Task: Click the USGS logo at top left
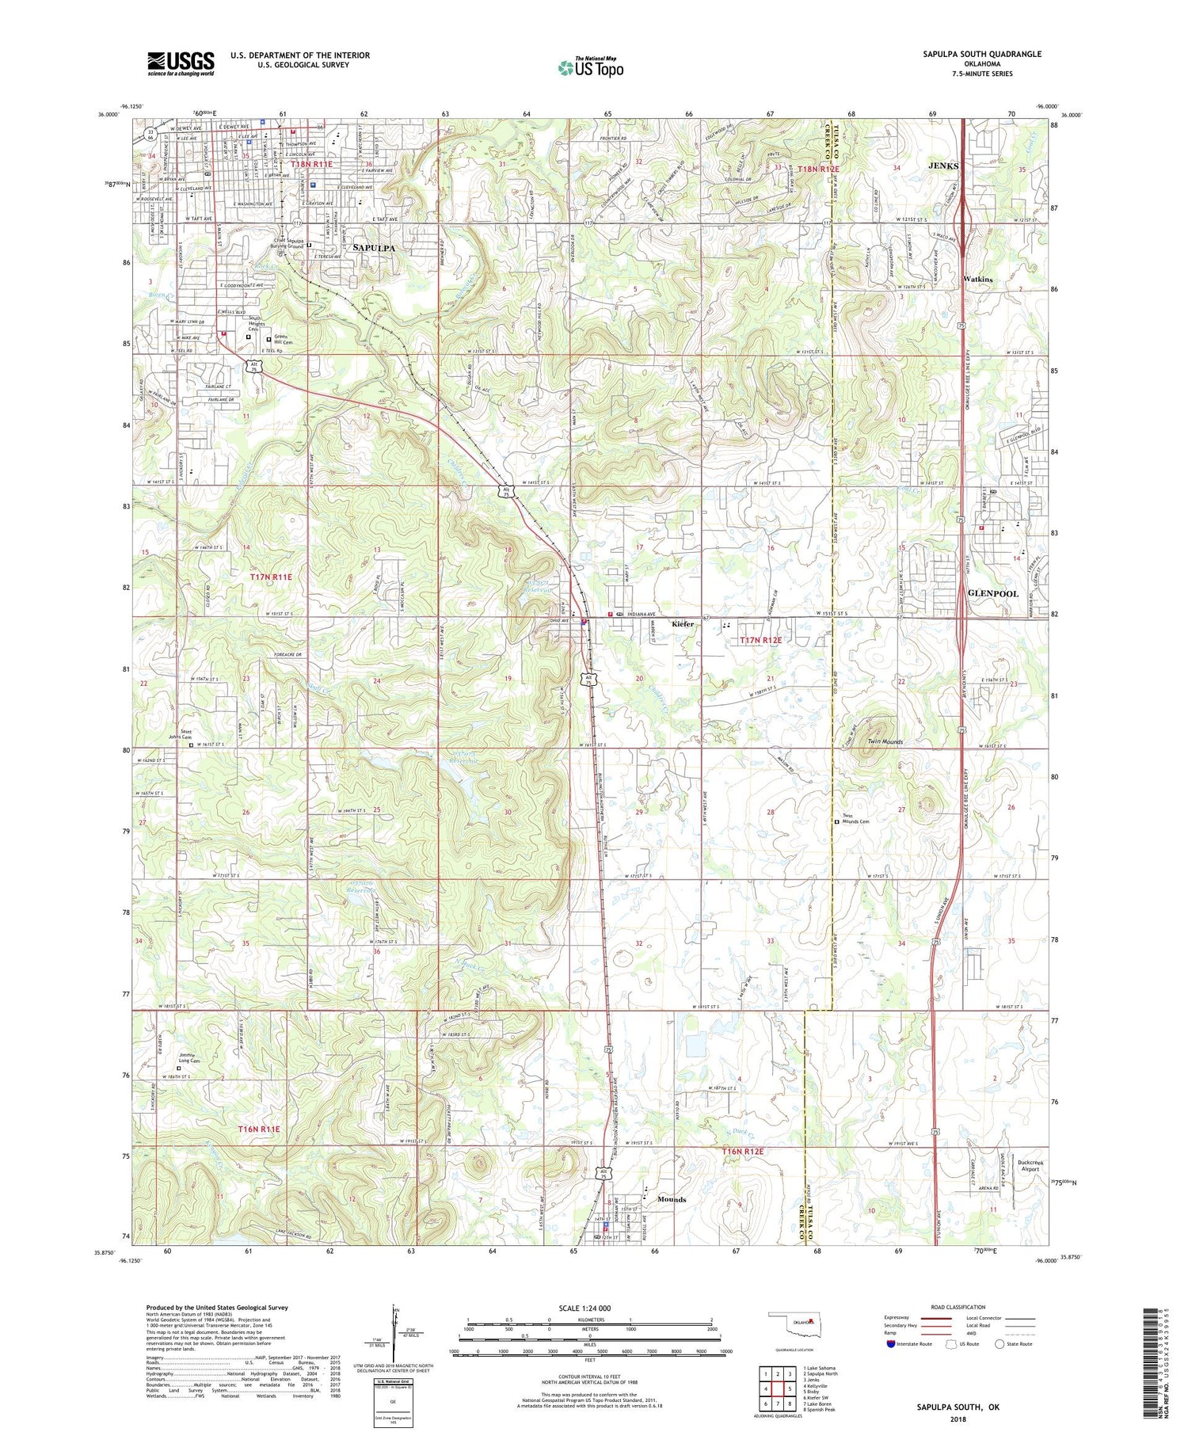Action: pyautogui.click(x=181, y=63)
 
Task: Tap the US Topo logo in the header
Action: pyautogui.click(x=590, y=68)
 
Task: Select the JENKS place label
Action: pyautogui.click(x=942, y=166)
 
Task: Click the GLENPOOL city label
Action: pyautogui.click(x=993, y=593)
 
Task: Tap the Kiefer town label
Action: pyautogui.click(x=683, y=624)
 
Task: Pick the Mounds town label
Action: pyautogui.click(x=672, y=1199)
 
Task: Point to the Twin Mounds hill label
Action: pyautogui.click(x=885, y=742)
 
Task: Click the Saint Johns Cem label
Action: pyautogui.click(x=186, y=734)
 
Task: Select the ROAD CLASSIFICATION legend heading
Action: pyautogui.click(x=958, y=1308)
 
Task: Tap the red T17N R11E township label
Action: pyautogui.click(x=271, y=577)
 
